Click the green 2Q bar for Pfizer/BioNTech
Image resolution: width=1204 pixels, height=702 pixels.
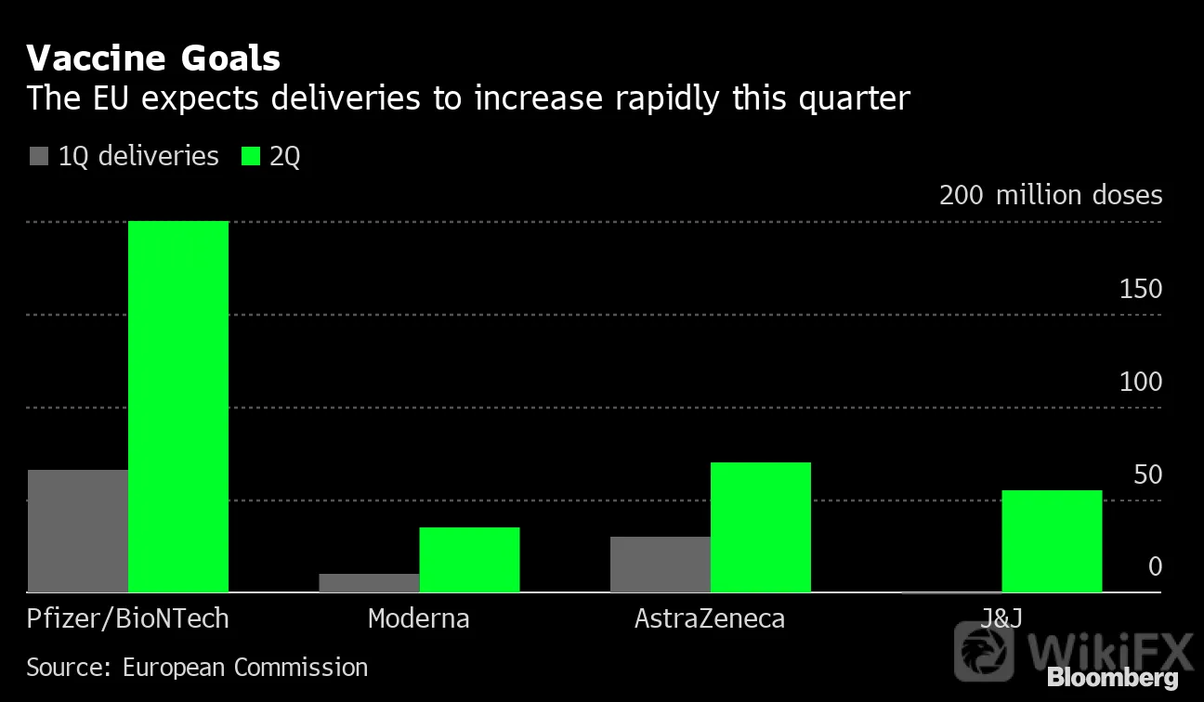click(178, 407)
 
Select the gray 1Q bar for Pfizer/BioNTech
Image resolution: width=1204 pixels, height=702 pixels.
click(78, 531)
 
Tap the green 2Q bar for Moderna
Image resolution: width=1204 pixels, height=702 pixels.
click(470, 560)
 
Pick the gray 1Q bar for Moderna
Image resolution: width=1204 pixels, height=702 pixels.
click(369, 583)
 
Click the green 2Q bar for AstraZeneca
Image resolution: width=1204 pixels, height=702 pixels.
click(761, 527)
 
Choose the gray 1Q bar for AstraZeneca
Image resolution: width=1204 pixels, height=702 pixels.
click(661, 565)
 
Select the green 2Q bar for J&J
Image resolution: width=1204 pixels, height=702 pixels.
click(1052, 541)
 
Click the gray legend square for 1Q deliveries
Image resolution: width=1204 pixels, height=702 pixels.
click(39, 156)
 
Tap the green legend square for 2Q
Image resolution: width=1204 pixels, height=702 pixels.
click(251, 156)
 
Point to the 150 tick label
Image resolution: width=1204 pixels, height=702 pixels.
click(1141, 289)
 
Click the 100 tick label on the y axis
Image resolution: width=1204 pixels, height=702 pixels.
click(1141, 382)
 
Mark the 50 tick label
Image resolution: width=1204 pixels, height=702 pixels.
click(1148, 474)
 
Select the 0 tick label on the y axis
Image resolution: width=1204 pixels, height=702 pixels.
click(1155, 566)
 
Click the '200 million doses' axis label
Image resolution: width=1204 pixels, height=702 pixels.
click(1051, 194)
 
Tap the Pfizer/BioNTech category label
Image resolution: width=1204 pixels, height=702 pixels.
click(128, 618)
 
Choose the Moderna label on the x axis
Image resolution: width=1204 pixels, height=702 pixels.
click(419, 618)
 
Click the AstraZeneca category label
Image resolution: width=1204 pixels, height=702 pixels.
click(710, 618)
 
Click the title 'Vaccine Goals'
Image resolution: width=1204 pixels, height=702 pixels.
click(153, 58)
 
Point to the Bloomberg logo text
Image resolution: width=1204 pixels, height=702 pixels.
click(1113, 677)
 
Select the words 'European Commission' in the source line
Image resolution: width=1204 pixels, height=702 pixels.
click(245, 668)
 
